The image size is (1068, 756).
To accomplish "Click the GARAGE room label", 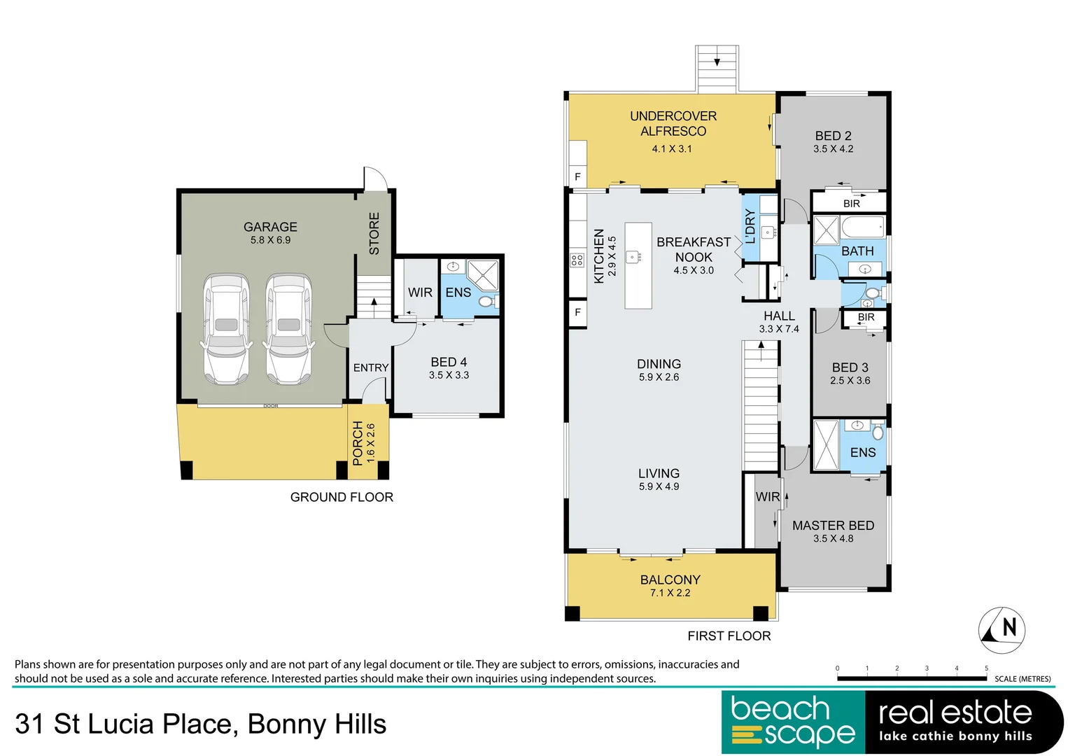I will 270,227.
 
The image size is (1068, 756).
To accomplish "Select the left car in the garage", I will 226,329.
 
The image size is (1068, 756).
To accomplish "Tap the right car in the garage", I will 288,329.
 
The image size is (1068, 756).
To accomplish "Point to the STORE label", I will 374,233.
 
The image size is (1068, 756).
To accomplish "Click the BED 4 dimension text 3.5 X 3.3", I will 449,375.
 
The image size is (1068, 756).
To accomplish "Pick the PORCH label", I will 358,443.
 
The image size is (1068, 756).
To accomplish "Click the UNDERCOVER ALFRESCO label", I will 673,123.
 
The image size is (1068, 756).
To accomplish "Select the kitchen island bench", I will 638,265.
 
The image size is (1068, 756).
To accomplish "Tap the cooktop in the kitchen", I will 577,260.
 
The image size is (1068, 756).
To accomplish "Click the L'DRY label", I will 750,227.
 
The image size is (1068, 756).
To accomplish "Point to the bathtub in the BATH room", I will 862,227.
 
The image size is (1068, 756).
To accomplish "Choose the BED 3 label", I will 850,367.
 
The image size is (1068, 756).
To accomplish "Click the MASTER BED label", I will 833,525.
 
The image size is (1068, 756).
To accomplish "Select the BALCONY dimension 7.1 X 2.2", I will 670,593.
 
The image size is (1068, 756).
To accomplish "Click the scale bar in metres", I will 911,678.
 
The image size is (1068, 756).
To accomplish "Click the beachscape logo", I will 793,722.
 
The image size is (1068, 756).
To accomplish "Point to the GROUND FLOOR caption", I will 342,497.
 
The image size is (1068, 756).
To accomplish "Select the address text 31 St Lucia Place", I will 126,724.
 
